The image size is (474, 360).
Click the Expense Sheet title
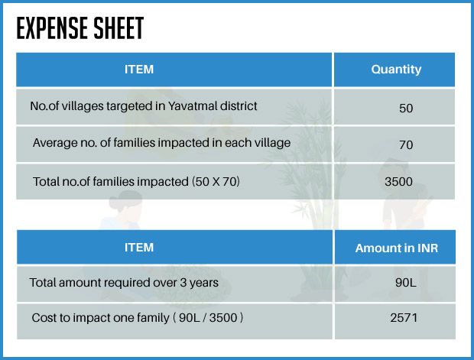click(x=80, y=28)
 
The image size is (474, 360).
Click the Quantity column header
click(x=396, y=70)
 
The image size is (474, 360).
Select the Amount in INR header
click(x=397, y=248)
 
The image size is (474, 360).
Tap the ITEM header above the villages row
click(x=139, y=70)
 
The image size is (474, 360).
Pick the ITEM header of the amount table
click(x=139, y=248)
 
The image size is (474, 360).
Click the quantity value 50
click(x=406, y=109)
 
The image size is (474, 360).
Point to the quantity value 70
click(x=406, y=145)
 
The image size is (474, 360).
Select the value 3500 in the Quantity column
click(x=399, y=182)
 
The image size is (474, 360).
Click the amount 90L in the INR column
click(x=406, y=283)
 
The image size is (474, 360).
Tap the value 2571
click(x=404, y=318)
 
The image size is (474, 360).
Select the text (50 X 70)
click(x=216, y=182)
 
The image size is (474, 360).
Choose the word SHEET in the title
click(x=118, y=28)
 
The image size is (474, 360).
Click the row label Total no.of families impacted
click(x=111, y=182)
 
